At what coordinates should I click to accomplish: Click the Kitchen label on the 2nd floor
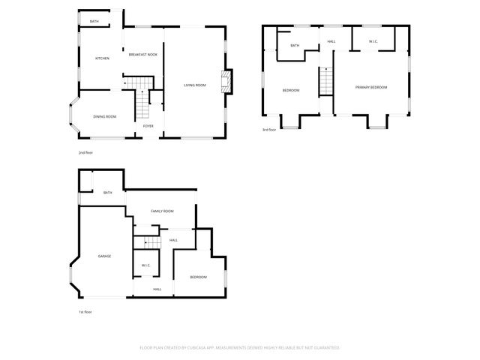point(102,58)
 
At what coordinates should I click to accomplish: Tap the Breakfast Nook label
point(142,55)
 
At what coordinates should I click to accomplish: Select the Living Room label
point(195,85)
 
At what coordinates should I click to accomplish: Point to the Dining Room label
point(104,116)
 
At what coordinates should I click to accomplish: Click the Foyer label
point(148,126)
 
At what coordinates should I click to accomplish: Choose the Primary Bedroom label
point(371,88)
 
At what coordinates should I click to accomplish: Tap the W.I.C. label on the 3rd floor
point(373,41)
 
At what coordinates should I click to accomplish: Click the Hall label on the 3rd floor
point(331,41)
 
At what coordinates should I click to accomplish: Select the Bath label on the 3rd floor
point(295,46)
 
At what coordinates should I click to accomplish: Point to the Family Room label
point(162,212)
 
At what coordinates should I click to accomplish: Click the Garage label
point(105,256)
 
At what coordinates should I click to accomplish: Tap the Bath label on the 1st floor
point(108,193)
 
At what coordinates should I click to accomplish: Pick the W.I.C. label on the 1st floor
point(146,265)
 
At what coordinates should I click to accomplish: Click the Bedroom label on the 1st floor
point(198,277)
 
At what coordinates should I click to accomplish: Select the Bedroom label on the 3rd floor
point(291,91)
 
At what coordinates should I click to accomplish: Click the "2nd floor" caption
point(85,153)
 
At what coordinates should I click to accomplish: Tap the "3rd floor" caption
point(268,130)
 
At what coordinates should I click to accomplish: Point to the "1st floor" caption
point(85,312)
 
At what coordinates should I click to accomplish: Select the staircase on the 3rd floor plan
point(326,81)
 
